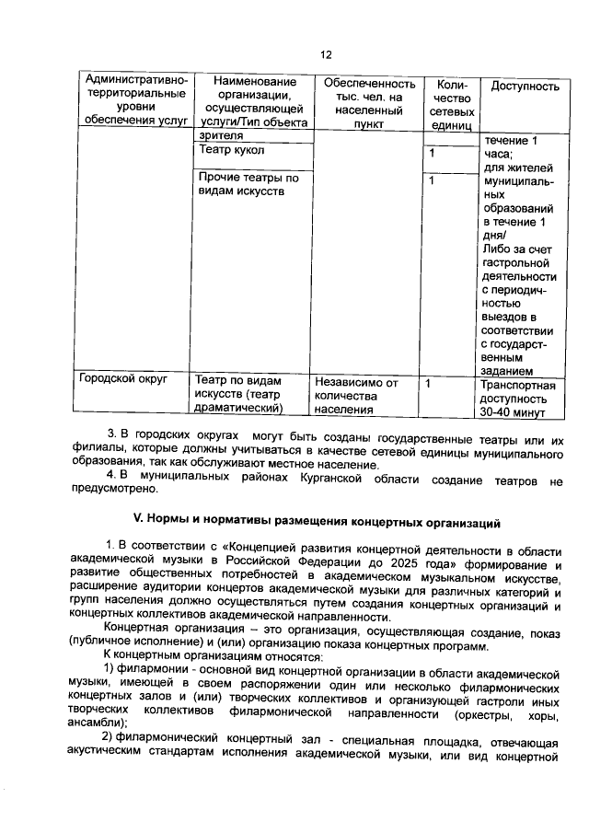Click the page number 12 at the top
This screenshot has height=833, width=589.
pyautogui.click(x=324, y=55)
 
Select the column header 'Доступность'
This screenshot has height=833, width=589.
pyautogui.click(x=525, y=87)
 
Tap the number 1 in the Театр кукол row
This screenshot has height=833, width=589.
pyautogui.click(x=431, y=153)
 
